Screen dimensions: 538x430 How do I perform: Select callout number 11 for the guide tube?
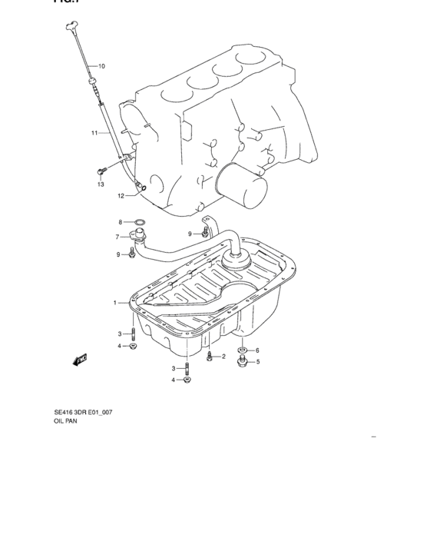click(x=94, y=133)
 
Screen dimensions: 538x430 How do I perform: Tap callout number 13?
click(x=100, y=184)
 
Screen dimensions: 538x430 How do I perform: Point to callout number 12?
click(x=121, y=196)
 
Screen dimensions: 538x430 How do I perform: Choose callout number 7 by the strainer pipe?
click(x=117, y=237)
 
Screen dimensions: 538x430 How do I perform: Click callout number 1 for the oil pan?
click(x=115, y=303)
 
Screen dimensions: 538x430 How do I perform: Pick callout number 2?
click(x=223, y=356)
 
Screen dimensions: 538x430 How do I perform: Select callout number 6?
click(x=257, y=350)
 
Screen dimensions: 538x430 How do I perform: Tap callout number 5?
click(x=258, y=361)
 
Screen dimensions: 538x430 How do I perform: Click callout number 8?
click(x=120, y=222)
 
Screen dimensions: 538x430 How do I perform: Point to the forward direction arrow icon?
click(x=81, y=359)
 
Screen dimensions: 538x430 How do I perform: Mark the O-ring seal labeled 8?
click(x=140, y=223)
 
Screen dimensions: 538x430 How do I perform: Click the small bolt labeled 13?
click(x=100, y=171)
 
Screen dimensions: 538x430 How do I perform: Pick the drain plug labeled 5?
click(x=242, y=360)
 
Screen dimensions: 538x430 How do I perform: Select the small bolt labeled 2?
click(x=210, y=356)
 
